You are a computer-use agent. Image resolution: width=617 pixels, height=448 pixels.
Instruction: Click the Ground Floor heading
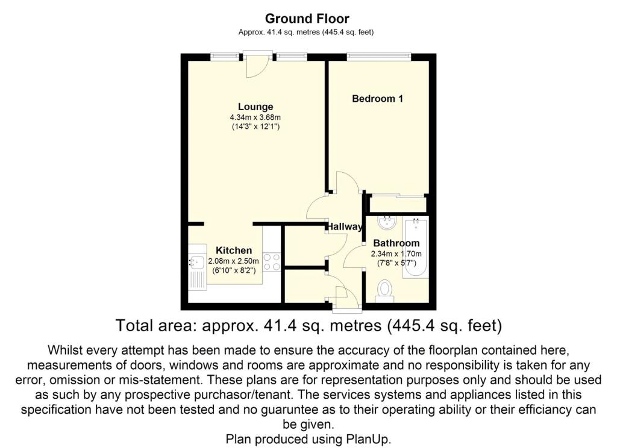(307, 19)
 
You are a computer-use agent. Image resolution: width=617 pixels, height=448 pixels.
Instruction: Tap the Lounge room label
(255, 107)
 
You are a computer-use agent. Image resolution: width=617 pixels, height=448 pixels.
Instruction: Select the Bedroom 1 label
(377, 98)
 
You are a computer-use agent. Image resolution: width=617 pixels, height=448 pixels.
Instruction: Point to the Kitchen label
(234, 250)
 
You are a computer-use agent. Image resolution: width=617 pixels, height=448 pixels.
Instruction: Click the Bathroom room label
(396, 243)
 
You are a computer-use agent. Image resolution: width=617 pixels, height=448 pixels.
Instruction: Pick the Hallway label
(345, 226)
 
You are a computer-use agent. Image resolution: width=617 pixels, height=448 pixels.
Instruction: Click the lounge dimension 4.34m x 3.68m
(255, 117)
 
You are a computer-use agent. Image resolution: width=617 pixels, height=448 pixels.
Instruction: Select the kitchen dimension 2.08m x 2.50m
(234, 261)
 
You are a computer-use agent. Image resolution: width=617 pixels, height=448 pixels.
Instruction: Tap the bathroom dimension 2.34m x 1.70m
(396, 254)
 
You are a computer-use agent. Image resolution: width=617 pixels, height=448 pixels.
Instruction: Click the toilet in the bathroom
(384, 290)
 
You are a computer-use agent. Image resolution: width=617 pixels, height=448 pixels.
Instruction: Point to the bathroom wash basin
(387, 223)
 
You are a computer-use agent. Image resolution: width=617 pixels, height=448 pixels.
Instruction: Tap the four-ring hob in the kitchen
(272, 263)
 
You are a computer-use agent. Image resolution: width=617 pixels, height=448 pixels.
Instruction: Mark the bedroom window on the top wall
(379, 57)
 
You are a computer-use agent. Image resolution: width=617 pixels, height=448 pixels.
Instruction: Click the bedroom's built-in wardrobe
(397, 204)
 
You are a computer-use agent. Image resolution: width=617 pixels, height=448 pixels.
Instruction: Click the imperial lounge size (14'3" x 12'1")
(255, 127)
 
